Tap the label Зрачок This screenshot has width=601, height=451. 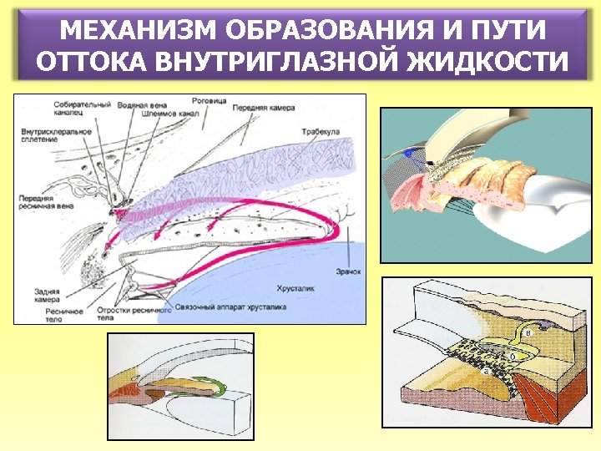(x=349, y=271)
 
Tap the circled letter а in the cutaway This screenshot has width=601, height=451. (x=486, y=372)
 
